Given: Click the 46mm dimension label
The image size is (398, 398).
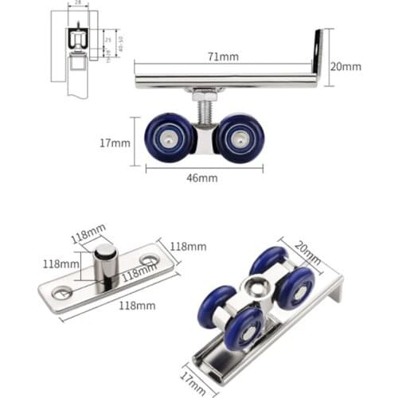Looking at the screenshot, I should pos(202,178).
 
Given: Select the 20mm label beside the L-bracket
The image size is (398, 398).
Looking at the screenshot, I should pos(345,67).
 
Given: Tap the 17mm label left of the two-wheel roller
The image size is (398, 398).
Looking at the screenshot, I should pos(115,143).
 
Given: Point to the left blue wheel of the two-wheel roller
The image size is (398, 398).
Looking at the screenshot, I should pos(169,138).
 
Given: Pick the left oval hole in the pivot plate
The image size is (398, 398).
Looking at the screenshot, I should pos(61,292).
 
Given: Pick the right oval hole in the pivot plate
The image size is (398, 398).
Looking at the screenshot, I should pos(149,260).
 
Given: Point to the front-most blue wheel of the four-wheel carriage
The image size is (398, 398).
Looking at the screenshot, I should pos(244,327).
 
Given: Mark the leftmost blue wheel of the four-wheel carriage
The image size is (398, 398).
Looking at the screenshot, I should pos(216,306).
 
